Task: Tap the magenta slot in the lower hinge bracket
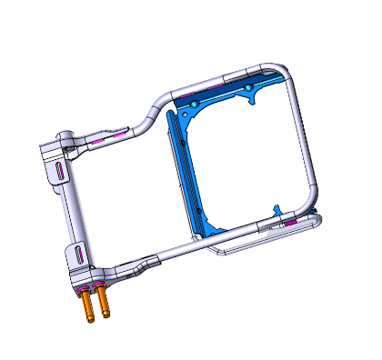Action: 79,254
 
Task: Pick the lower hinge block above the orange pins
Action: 80,264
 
